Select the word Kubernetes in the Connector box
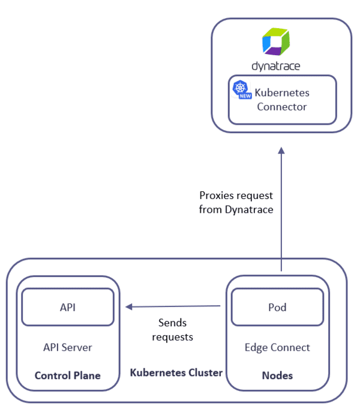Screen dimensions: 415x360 pyautogui.click(x=281, y=93)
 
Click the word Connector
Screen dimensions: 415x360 pyautogui.click(x=281, y=107)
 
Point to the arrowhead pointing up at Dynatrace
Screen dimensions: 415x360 pyautogui.click(x=280, y=152)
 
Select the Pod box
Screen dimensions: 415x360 pyautogui.click(x=277, y=307)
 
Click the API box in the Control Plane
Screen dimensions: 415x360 pyautogui.click(x=67, y=307)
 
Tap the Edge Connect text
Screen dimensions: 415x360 pyautogui.click(x=277, y=347)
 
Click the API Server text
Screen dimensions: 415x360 pyautogui.click(x=67, y=347)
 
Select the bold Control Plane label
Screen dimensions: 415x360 pyautogui.click(x=67, y=376)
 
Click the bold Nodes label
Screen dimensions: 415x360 pyautogui.click(x=277, y=376)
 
